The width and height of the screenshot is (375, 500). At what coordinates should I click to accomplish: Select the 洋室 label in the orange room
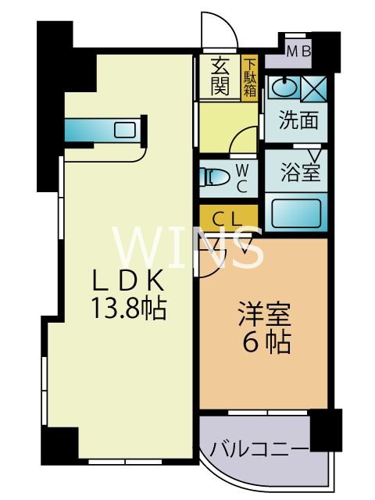pos(262,316)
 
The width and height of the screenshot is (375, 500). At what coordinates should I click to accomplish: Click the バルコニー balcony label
pos(259,448)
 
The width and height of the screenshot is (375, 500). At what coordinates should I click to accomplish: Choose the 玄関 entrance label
pos(220,77)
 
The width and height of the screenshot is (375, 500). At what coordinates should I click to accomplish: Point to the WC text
pos(242,178)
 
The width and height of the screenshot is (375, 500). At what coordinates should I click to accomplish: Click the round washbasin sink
pos(284,87)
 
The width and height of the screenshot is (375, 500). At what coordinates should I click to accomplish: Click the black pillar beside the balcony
pos(326,429)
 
